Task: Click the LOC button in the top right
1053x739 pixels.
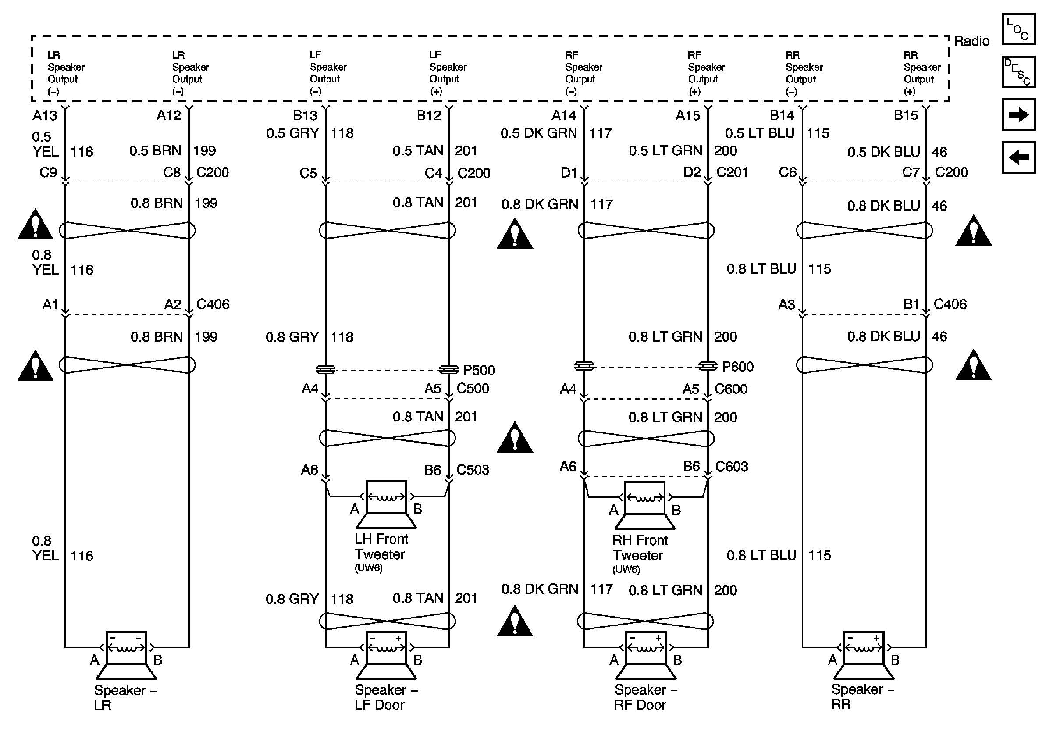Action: click(x=1018, y=29)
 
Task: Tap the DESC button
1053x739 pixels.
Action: click(x=1018, y=71)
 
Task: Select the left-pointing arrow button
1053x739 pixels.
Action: click(x=1018, y=157)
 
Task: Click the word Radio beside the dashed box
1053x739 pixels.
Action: click(x=971, y=41)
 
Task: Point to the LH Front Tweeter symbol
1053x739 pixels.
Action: click(x=386, y=504)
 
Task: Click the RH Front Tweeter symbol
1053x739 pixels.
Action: click(x=645, y=505)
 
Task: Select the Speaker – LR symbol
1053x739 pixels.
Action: click(x=126, y=656)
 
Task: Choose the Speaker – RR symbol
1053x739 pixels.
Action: click(x=863, y=656)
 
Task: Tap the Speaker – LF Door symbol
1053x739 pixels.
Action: click(x=386, y=656)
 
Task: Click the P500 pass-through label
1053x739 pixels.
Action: click(x=479, y=370)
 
